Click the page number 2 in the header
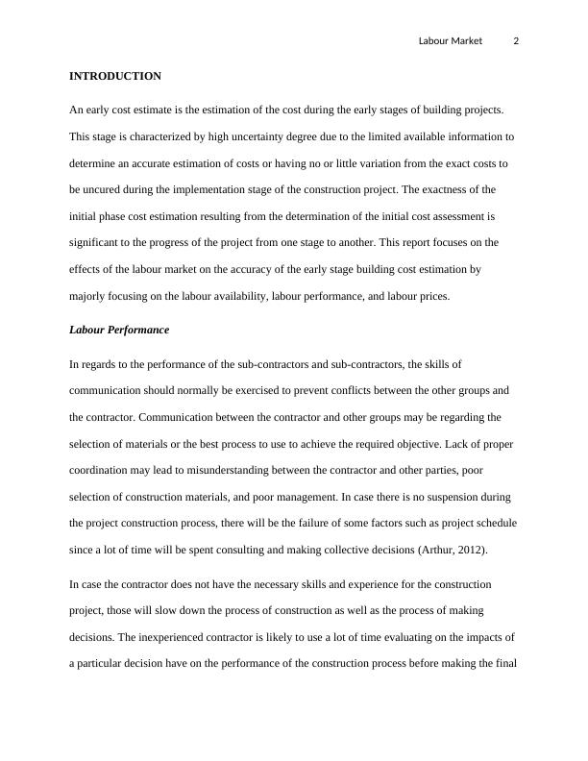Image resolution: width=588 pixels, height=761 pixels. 516,40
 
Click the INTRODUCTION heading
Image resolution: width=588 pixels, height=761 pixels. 115,76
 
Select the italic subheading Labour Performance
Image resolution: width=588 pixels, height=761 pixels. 119,330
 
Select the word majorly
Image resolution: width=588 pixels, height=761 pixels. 89,297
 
